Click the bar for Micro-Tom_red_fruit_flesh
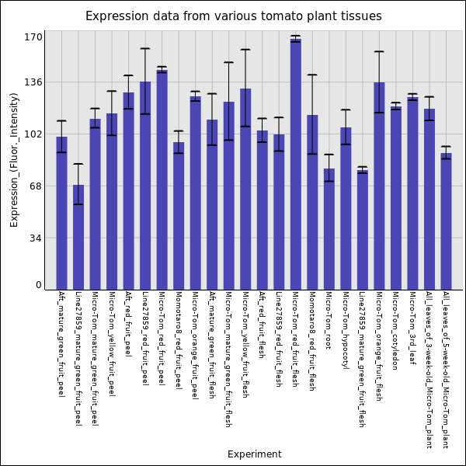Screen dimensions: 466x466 point(296,164)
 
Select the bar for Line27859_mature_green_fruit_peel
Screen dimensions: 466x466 point(78,237)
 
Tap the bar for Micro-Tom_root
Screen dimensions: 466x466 point(329,229)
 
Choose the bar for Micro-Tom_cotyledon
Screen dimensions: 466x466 point(396,198)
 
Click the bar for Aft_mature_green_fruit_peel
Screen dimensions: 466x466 point(61,213)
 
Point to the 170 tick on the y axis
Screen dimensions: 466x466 point(33,37)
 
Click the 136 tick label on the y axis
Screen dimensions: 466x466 point(33,82)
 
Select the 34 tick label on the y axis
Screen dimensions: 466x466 point(36,238)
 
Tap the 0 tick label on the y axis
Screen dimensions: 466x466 point(39,285)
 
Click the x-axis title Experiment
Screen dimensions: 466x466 point(254,454)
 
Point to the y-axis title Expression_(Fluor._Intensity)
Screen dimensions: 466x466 point(14,159)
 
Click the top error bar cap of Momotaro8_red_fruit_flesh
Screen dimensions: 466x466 point(312,75)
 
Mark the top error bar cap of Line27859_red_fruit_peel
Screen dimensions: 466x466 point(145,48)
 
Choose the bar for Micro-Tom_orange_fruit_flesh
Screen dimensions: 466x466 point(379,186)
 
